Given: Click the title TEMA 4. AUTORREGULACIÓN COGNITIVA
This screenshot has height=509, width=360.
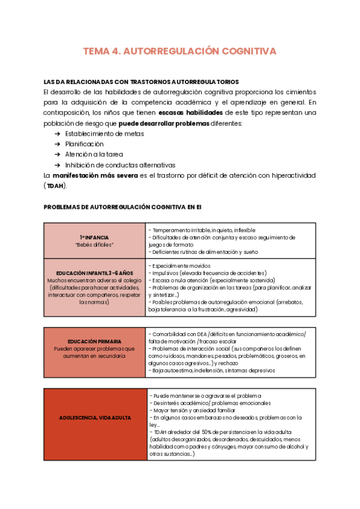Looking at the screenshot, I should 179,52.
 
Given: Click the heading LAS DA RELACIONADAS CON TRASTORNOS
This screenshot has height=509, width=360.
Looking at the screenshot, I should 141,82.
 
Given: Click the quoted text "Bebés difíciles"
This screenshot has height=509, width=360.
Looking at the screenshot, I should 94,245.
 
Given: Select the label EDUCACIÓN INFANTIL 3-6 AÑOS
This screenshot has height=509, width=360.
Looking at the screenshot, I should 94,273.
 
